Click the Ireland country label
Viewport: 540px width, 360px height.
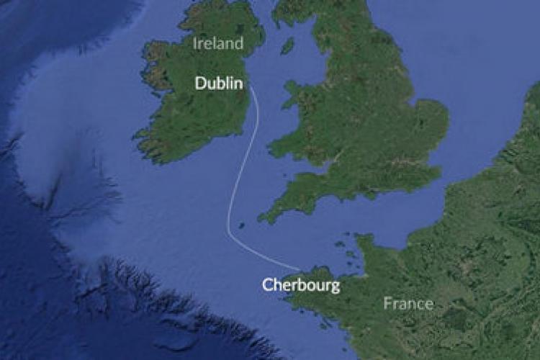click(x=217, y=43)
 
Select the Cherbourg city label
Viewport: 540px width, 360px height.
click(x=300, y=285)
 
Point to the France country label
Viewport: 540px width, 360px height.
click(x=408, y=303)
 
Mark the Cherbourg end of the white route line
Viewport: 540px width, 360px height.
click(x=300, y=271)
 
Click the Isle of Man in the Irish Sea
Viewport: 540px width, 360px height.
click(x=288, y=46)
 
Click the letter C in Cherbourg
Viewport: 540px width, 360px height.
click(x=266, y=285)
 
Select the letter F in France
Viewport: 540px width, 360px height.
click(x=387, y=303)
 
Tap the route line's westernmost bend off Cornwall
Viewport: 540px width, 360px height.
click(x=228, y=223)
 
